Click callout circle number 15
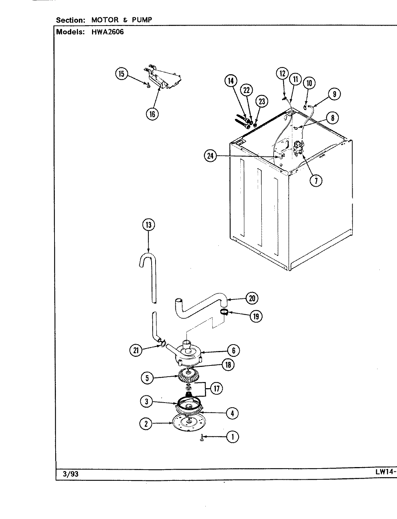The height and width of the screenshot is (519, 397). point(121,74)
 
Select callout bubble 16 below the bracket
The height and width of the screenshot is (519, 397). point(152,114)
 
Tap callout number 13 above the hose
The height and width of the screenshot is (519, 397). point(148,225)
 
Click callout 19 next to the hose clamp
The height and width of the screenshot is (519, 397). point(256,316)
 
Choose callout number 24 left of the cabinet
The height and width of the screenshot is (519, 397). point(210,156)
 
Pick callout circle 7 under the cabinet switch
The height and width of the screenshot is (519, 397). point(316,181)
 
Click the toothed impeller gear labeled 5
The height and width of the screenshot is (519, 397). point(189,378)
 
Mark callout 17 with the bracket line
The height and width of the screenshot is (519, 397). point(217,388)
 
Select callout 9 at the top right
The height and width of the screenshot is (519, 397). point(335,94)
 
